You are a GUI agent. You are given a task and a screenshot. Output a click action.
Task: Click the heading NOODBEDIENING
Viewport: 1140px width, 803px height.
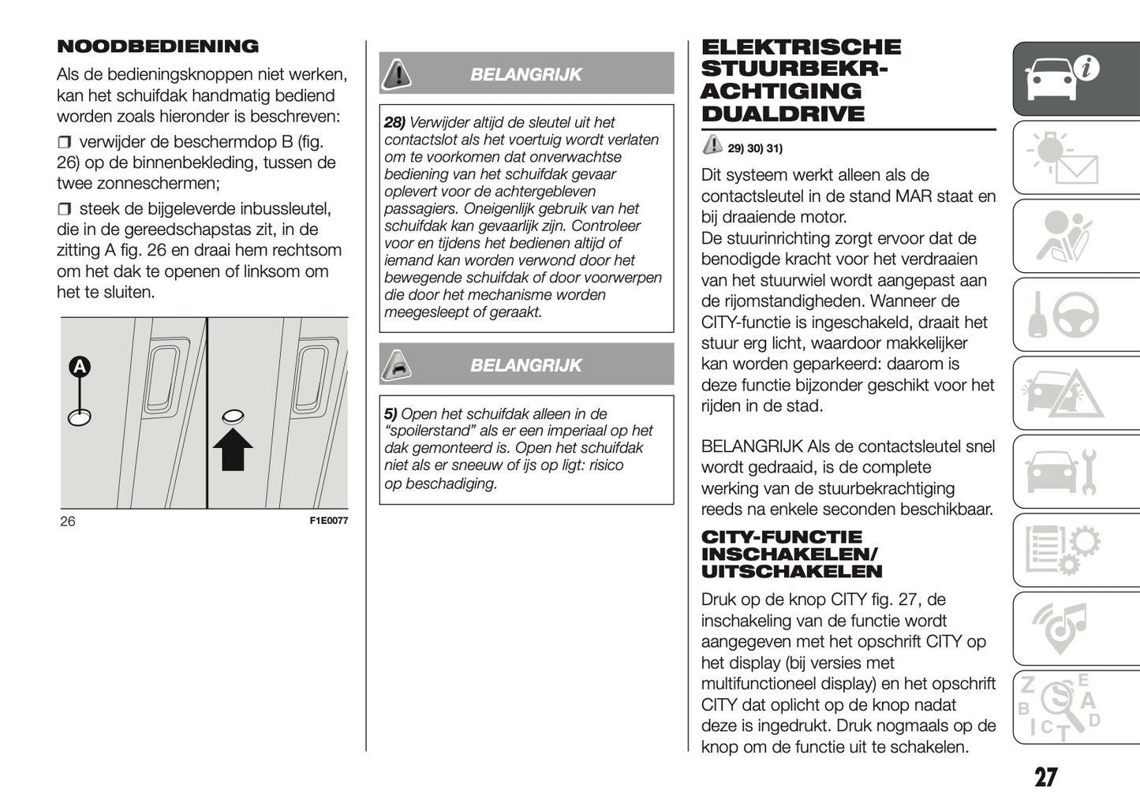click(x=158, y=47)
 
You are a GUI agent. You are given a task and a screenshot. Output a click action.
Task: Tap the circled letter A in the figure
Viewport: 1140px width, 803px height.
click(x=80, y=367)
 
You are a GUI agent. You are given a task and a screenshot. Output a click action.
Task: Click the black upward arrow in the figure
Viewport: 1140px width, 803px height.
click(x=233, y=449)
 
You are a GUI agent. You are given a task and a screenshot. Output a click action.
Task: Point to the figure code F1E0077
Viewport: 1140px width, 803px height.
click(x=328, y=521)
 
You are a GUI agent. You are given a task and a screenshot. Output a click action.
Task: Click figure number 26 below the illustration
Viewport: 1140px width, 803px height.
click(x=68, y=521)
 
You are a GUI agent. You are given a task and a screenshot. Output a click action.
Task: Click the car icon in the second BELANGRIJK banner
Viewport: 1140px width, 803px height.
click(x=397, y=364)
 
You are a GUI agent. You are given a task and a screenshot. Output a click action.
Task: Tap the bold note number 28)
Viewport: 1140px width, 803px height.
click(x=394, y=122)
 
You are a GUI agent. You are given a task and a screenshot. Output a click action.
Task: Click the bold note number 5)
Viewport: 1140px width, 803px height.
click(x=391, y=413)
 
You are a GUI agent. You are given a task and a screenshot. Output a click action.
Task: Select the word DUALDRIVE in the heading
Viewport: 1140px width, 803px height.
click(x=783, y=114)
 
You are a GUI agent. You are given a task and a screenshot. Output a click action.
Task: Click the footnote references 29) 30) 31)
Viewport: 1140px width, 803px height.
click(x=754, y=148)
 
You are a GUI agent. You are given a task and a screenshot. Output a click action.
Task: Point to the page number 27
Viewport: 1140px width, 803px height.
click(x=1045, y=778)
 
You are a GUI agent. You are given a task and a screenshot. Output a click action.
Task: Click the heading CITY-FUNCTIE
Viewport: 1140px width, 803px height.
click(x=782, y=537)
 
